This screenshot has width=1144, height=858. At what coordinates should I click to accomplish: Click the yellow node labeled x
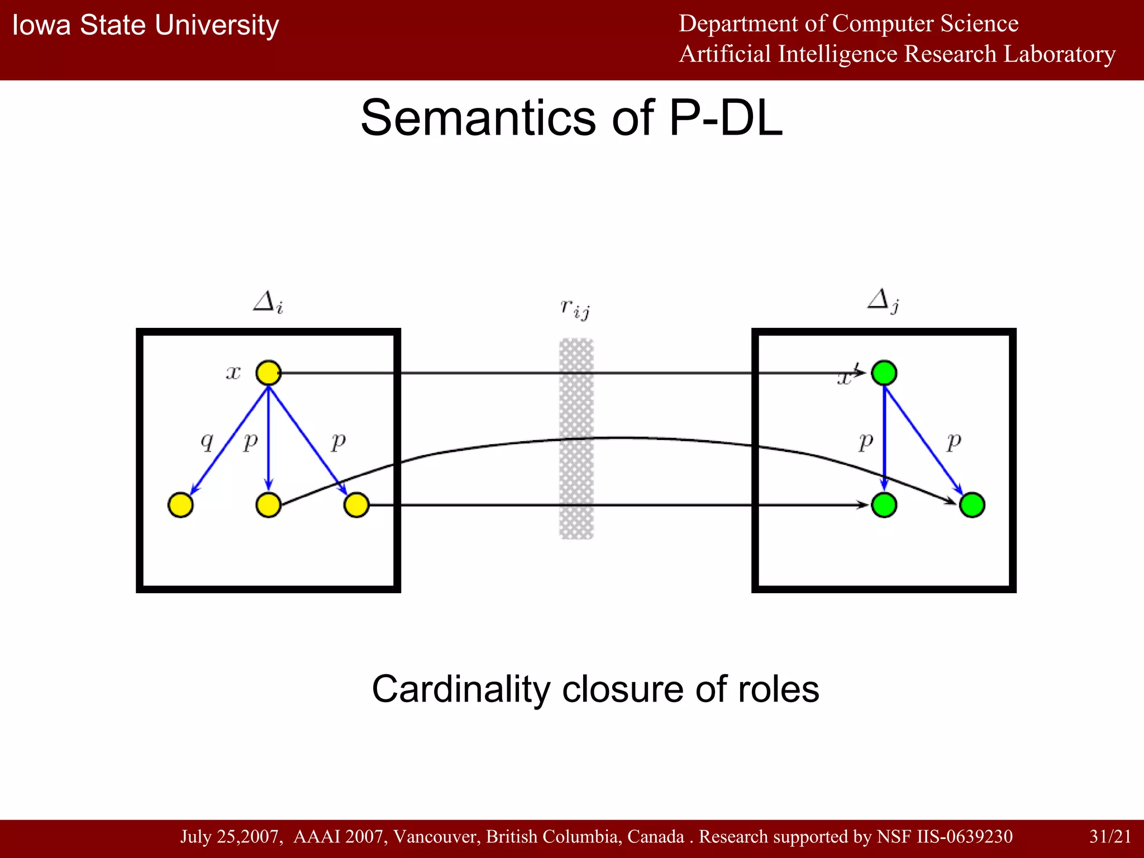(268, 373)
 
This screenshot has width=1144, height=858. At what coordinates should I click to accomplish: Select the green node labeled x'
(884, 373)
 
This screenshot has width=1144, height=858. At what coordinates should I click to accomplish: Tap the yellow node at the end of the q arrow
(180, 505)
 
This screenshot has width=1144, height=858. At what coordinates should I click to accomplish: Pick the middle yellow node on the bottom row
(268, 505)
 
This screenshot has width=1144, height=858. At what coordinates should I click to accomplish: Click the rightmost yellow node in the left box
(356, 505)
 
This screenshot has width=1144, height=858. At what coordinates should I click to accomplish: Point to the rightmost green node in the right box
(972, 505)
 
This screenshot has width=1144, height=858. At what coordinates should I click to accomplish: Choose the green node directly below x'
(884, 505)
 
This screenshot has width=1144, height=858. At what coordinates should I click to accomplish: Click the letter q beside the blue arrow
(207, 442)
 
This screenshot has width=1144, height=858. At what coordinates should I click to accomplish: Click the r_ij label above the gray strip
(575, 308)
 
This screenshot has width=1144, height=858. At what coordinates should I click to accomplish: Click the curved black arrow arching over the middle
(614, 438)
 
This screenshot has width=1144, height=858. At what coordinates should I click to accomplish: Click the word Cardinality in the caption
(461, 689)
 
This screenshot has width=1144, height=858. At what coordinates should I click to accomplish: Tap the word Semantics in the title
(478, 118)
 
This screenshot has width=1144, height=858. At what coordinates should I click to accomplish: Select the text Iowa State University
(145, 26)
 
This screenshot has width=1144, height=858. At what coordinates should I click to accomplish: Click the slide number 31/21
(1110, 836)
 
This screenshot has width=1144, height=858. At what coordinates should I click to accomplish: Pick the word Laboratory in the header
(1059, 54)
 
